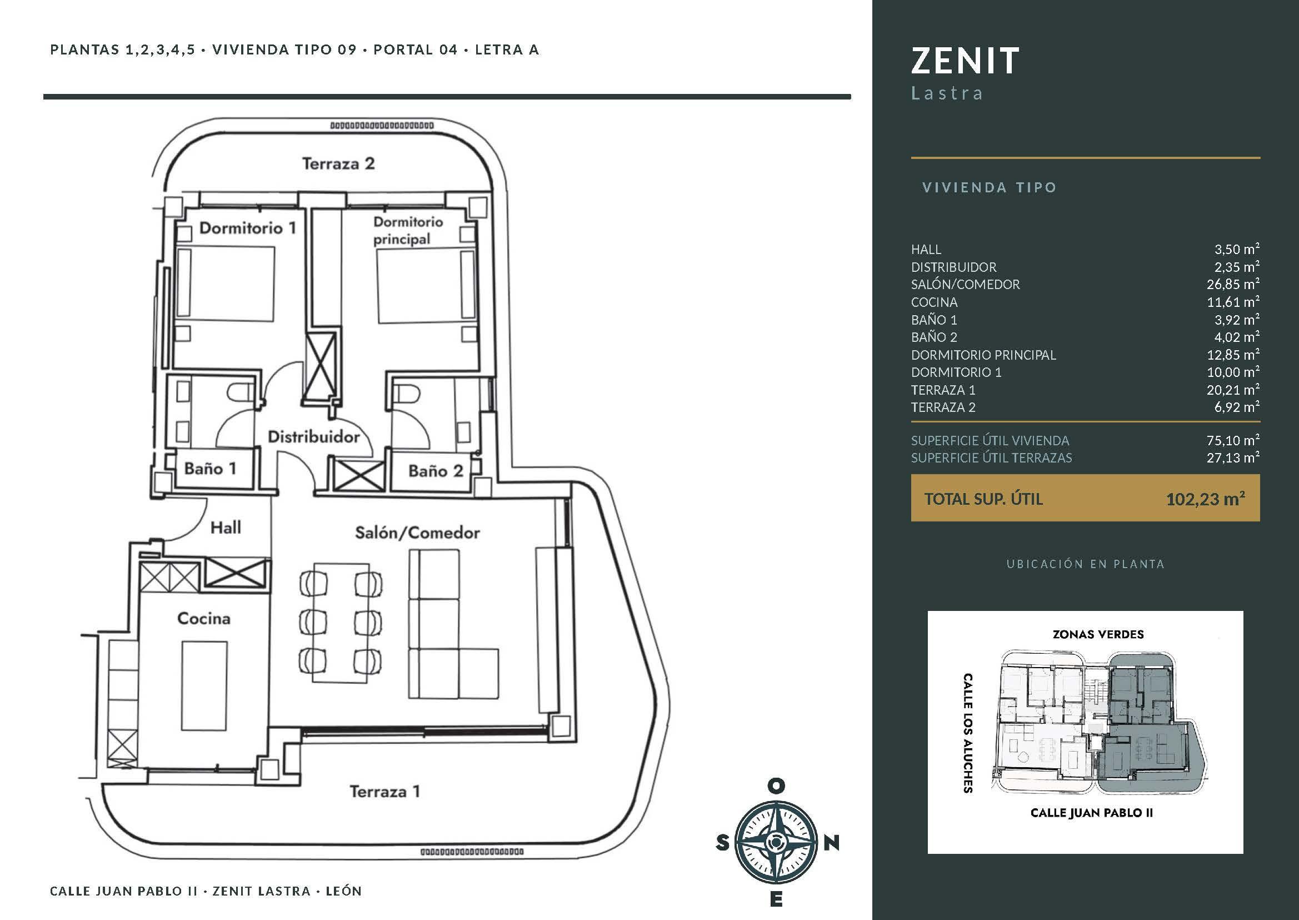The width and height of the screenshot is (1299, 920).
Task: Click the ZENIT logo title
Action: pos(965,61)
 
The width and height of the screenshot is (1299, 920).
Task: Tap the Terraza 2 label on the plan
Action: pos(338,164)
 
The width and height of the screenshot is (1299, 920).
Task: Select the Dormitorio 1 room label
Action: pos(247,228)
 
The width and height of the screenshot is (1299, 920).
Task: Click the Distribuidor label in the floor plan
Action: pos(314,437)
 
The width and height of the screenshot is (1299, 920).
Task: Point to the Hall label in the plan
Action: pos(226,528)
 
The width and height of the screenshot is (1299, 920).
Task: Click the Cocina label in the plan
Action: pos(204,618)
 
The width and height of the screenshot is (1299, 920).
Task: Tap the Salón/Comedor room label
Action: pos(417,533)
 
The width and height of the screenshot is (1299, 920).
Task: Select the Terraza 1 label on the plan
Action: pos(384,792)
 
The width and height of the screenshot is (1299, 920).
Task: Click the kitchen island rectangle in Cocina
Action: pos(204,686)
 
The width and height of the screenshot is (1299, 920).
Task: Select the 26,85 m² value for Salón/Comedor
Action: pos(1233,284)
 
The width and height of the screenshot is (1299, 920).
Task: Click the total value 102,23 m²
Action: pos(1205,499)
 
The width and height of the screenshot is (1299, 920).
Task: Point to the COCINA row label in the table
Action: pos(935,302)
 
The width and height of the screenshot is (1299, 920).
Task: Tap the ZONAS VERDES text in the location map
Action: pos(1098,634)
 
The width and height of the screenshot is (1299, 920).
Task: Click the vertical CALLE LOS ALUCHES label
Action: pos(968,733)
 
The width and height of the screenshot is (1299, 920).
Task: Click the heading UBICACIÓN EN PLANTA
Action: pos(1085,564)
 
